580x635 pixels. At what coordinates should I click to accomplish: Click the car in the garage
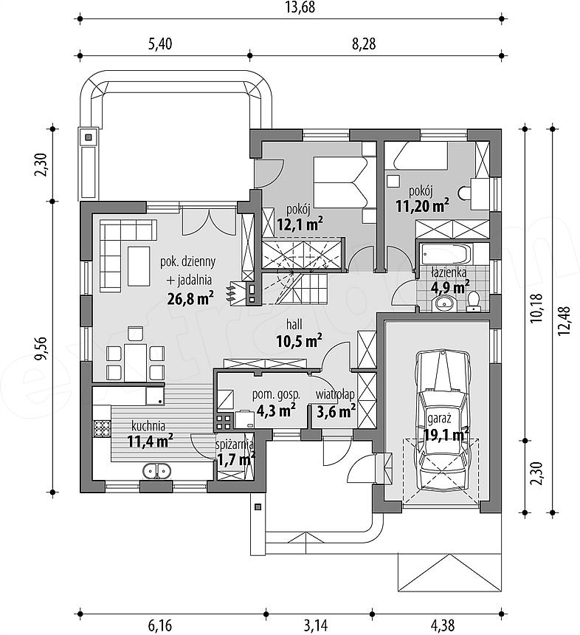click(443, 421)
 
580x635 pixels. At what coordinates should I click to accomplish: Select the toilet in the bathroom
click(473, 302)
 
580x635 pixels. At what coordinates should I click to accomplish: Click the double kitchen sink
click(156, 470)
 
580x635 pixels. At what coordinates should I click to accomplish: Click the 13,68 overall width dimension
click(300, 7)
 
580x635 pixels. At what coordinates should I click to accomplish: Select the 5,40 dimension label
click(160, 44)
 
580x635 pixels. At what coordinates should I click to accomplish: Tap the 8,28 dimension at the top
click(364, 44)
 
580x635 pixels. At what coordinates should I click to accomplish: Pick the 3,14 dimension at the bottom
click(315, 625)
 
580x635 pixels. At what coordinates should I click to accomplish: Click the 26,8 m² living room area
click(190, 298)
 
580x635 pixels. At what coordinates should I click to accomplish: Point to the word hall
click(294, 324)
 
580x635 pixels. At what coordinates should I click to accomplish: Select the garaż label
click(439, 418)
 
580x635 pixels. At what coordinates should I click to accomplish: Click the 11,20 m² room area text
click(422, 206)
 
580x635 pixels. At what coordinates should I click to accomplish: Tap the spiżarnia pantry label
click(235, 444)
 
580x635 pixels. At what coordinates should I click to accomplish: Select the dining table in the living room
click(136, 363)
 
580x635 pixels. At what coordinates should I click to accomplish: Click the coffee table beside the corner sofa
click(139, 266)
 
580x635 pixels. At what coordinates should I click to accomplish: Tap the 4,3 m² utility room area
click(276, 411)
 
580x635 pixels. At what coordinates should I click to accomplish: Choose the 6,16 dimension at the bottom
click(160, 625)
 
